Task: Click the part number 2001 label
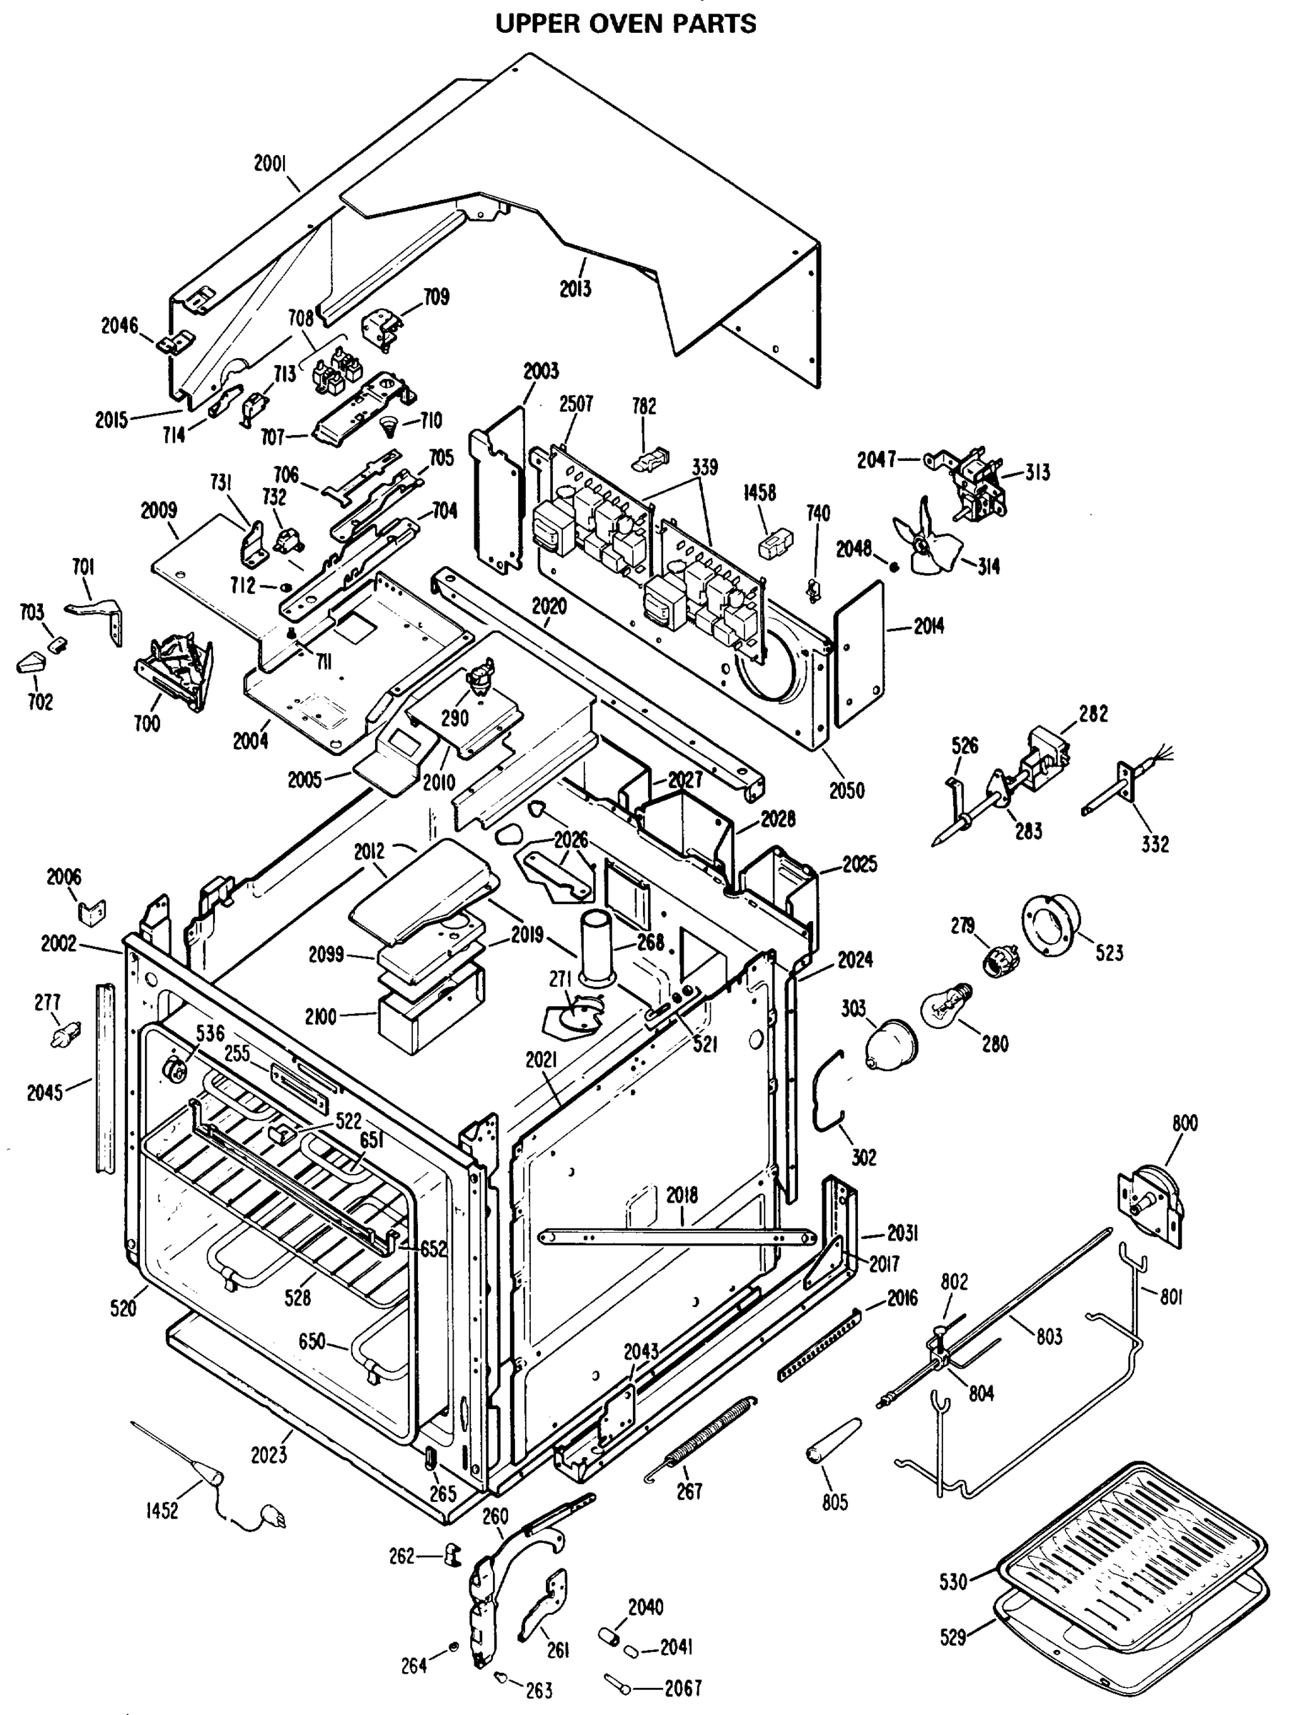pos(270,164)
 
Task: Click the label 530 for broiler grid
pos(953,1581)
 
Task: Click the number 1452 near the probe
pos(161,1511)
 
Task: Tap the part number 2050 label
pos(847,790)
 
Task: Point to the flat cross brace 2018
pos(674,1238)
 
